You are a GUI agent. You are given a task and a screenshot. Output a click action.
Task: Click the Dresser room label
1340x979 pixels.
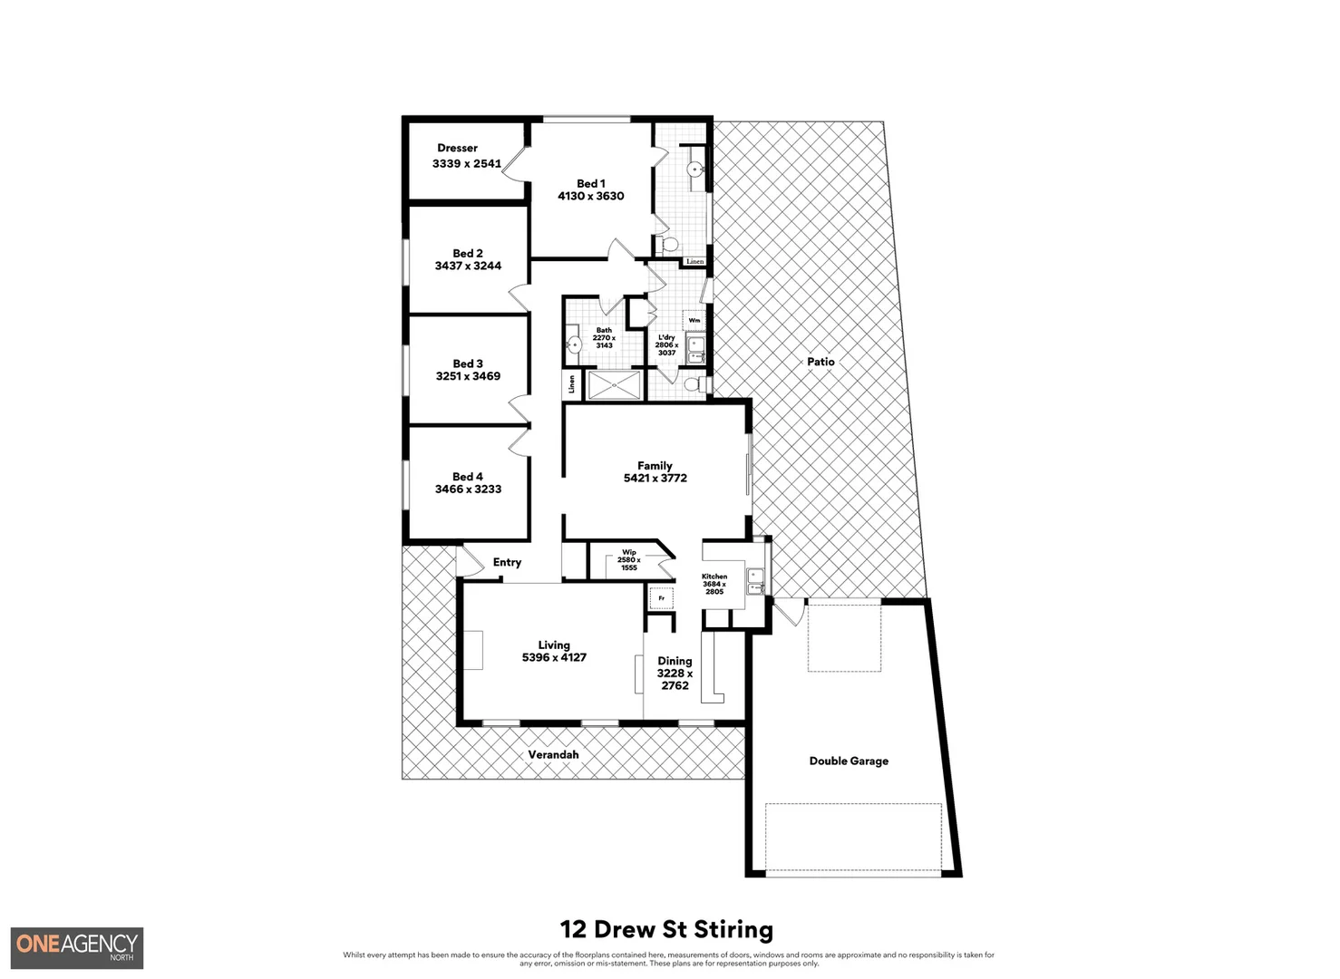457,148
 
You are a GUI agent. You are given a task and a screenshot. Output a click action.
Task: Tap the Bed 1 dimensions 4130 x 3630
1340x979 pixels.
590,196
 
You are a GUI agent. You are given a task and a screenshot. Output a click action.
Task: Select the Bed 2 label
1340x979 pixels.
468,253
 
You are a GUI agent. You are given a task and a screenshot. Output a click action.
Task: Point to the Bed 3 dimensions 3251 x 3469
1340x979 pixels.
468,376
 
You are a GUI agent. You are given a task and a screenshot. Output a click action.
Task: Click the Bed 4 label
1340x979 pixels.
468,476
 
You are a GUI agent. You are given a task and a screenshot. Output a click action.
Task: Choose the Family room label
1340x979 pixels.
655,465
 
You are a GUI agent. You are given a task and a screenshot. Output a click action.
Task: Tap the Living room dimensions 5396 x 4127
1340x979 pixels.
554,657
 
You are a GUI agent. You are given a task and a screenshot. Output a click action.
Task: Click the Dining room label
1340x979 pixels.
675,661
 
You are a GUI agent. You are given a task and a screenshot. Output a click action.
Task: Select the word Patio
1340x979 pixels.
821,362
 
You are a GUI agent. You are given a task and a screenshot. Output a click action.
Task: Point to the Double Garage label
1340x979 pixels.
849,761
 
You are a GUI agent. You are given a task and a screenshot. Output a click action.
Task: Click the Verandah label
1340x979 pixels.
553,754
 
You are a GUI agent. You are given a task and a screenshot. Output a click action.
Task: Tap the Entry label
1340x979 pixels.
507,562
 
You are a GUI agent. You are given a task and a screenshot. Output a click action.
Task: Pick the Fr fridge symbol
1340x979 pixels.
662,598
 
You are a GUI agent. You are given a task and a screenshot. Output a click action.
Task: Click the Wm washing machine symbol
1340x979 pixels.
694,320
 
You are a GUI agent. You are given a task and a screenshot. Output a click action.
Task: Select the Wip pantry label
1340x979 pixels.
628,552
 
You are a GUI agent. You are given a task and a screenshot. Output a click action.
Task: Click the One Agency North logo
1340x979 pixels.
77,947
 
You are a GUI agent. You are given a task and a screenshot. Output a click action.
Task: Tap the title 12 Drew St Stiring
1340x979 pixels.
666,929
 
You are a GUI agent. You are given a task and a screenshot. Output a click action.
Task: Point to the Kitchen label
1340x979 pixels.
714,577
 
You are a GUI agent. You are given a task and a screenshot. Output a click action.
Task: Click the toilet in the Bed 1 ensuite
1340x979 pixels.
668,244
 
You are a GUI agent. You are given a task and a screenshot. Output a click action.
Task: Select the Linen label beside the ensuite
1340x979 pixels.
694,261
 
